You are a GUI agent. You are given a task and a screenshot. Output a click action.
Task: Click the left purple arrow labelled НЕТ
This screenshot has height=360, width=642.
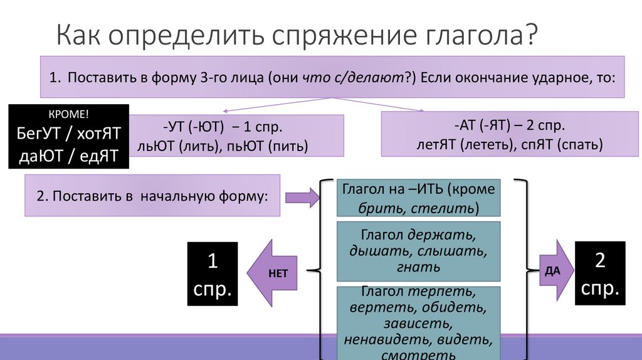[x=274, y=273]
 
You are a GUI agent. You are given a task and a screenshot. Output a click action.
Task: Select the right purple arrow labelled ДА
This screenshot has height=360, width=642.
[x=556, y=270]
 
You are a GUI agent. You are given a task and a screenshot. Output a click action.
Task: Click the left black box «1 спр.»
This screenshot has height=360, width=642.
[x=213, y=273]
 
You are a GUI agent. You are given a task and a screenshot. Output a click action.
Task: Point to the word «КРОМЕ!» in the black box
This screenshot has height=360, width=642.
[x=68, y=114]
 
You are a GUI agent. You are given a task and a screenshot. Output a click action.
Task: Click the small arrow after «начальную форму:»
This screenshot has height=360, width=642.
[x=302, y=198]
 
